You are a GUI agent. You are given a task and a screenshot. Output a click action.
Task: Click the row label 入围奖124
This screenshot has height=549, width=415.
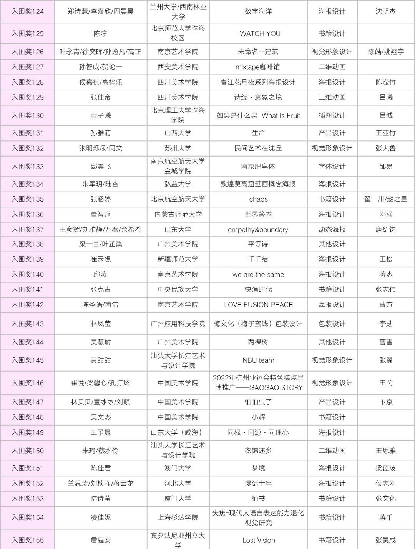28,12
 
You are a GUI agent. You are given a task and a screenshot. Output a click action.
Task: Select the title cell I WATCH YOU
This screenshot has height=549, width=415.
258,33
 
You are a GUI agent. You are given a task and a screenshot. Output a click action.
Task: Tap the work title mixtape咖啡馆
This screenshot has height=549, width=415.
258,67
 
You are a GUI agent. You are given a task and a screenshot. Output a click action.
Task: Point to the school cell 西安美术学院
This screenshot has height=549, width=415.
178,67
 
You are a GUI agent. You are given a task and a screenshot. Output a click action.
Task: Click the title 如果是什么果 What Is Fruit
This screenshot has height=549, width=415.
258,115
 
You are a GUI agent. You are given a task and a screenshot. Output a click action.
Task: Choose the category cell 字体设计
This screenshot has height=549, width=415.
332,166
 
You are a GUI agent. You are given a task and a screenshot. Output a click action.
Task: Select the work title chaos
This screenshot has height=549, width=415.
258,199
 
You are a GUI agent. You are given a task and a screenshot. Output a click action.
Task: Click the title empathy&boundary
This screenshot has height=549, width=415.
258,230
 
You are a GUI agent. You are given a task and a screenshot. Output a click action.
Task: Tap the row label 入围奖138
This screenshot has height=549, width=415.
28,244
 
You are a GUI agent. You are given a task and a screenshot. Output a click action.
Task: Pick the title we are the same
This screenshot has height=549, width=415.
258,274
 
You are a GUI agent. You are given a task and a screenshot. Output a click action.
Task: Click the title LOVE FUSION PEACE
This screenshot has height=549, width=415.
258,305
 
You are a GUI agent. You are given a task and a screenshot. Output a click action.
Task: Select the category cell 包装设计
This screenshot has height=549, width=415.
332,324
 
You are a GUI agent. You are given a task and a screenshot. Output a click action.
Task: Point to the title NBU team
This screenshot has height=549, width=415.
258,360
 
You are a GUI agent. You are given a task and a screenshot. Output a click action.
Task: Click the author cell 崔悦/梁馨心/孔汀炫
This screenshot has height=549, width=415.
101,383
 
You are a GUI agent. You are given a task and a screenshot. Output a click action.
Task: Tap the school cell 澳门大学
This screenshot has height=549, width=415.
178,468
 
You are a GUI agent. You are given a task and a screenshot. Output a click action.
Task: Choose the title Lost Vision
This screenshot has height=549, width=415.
258,540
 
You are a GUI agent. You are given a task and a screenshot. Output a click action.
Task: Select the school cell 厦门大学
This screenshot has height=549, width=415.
178,498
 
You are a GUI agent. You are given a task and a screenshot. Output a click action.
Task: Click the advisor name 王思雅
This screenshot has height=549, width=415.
386,451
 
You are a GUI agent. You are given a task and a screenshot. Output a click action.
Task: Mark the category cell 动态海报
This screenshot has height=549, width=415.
332,230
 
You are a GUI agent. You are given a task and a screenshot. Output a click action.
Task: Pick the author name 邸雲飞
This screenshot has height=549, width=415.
101,166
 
